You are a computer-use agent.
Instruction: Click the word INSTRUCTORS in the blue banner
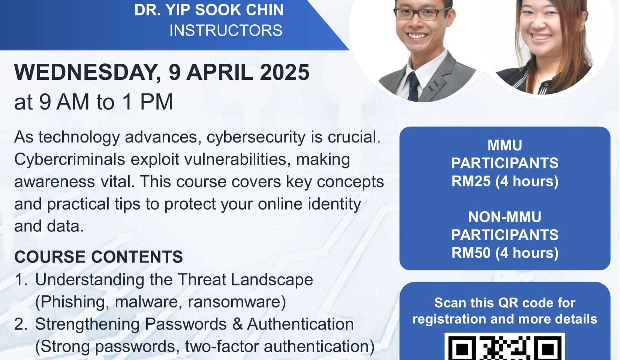point(226,30)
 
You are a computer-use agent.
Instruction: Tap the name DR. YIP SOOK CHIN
point(209,10)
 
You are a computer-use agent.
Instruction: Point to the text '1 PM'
point(148,102)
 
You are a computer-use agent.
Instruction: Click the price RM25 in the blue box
point(471,181)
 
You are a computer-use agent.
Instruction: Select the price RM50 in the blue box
point(471,253)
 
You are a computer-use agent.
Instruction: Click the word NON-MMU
point(505,217)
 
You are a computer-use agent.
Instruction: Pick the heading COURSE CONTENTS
point(99,256)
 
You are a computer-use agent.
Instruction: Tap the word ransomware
point(237,301)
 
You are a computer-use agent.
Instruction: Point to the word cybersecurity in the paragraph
point(256,137)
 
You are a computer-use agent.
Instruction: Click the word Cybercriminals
point(69,159)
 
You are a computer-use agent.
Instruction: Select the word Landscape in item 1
point(272,280)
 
